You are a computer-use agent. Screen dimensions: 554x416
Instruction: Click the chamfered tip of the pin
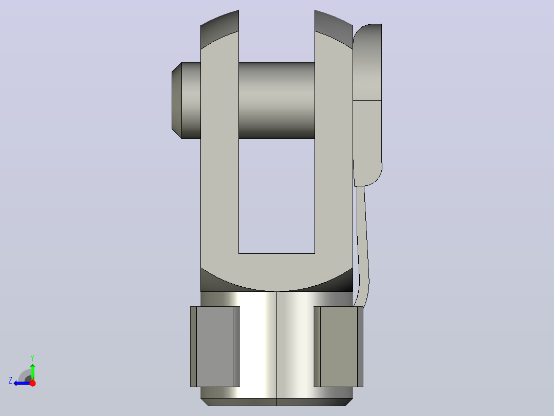coord(177,100)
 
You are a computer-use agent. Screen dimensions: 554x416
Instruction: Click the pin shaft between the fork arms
coord(276,100)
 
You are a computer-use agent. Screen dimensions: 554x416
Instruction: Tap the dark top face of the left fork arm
coord(220,29)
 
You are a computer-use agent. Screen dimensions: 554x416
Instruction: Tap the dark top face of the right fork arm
coord(334,29)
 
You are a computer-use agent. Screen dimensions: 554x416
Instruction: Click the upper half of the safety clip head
coord(367,62)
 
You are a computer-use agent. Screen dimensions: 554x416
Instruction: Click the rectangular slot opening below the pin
coord(276,196)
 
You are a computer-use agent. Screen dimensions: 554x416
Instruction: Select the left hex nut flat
coord(215,346)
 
